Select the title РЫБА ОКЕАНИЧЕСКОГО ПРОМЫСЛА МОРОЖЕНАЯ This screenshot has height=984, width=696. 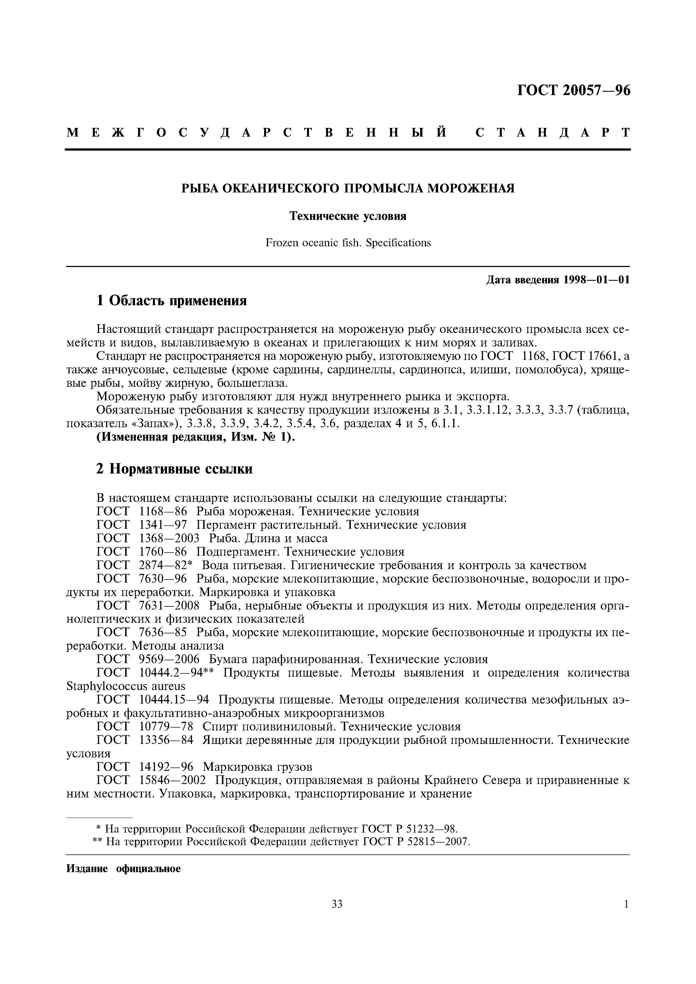[348, 188]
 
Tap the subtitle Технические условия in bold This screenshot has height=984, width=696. [348, 216]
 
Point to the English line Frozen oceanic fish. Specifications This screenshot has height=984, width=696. [348, 243]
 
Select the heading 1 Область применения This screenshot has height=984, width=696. [172, 300]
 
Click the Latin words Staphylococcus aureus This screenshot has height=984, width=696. [126, 686]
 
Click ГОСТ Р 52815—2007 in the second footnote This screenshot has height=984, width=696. [416, 842]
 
